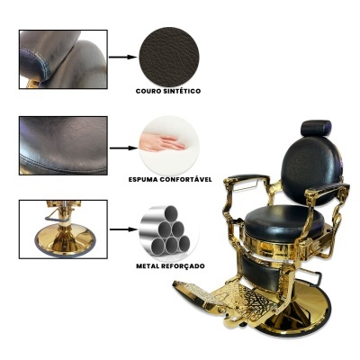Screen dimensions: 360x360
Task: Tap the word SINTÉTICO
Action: click(x=183, y=91)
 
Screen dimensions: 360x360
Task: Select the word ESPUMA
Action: click(x=143, y=179)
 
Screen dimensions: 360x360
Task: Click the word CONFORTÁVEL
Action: click(x=185, y=179)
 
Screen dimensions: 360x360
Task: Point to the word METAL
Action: click(x=148, y=265)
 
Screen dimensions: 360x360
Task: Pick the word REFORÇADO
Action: click(x=184, y=266)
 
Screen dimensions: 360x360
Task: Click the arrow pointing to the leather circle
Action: click(x=122, y=57)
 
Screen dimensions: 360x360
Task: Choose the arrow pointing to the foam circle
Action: click(x=123, y=148)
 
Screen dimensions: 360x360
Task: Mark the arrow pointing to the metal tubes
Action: click(x=123, y=229)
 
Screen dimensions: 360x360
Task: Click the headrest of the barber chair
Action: click(x=316, y=128)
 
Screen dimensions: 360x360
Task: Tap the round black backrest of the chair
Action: click(x=310, y=171)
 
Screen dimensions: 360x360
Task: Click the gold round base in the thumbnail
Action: click(x=65, y=239)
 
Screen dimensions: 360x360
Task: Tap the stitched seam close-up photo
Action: click(x=63, y=146)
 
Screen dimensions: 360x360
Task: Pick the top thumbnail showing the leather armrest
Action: click(x=63, y=59)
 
